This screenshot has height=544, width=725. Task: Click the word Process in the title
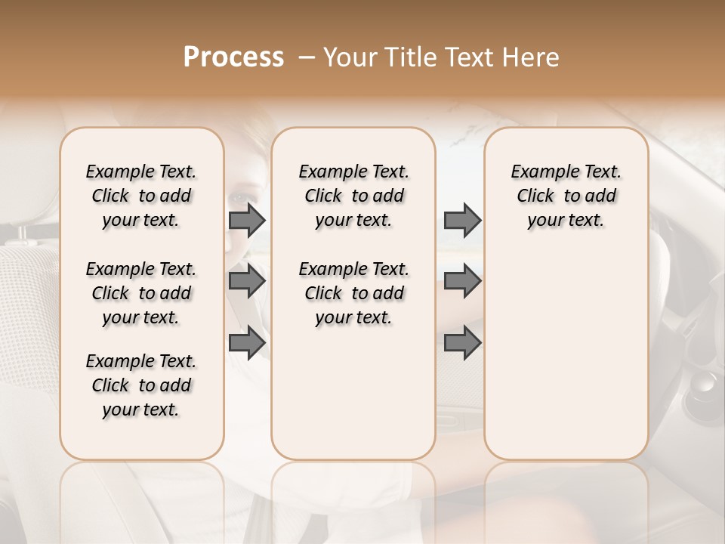[x=233, y=57]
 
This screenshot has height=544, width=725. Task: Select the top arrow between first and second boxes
[x=247, y=220]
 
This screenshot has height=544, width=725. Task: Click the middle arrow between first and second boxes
[x=247, y=281]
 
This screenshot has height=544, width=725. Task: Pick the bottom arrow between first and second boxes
[x=247, y=342]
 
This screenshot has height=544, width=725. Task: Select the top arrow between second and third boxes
[x=462, y=220]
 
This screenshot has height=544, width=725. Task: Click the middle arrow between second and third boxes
[x=462, y=281]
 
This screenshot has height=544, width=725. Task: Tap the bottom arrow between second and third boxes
[x=462, y=342]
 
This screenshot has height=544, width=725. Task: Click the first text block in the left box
[x=141, y=196]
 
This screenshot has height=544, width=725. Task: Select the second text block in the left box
[x=141, y=293]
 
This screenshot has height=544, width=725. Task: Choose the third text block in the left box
[x=141, y=385]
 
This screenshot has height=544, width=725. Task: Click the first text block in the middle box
[x=354, y=196]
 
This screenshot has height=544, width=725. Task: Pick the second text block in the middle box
[x=354, y=293]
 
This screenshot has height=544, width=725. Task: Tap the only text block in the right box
[x=566, y=196]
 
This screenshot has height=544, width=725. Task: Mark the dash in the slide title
[x=307, y=57]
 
